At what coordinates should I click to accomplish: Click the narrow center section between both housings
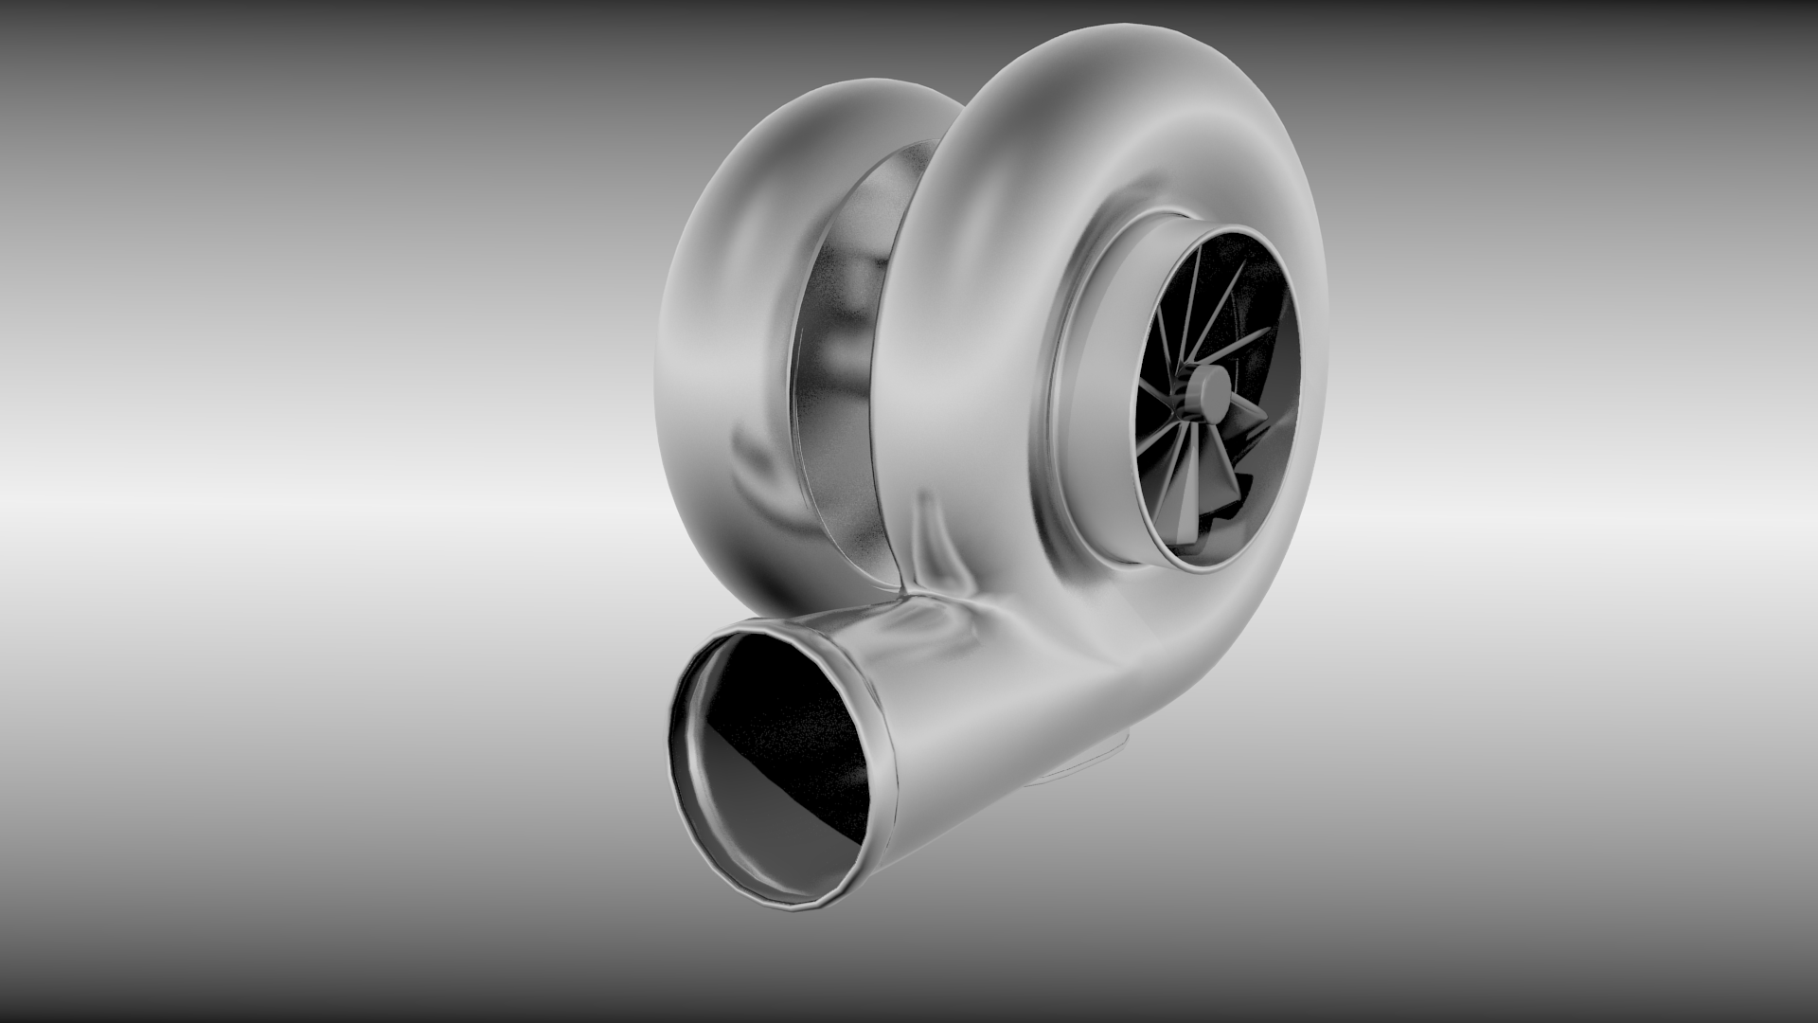[843, 379]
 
